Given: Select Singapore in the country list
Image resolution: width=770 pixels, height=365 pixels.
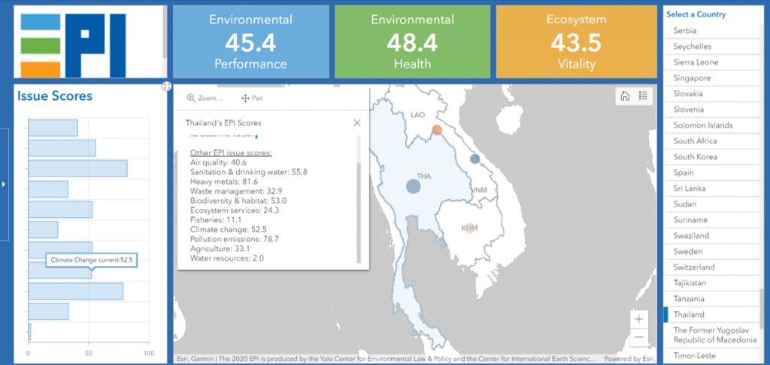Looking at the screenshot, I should [x=692, y=78].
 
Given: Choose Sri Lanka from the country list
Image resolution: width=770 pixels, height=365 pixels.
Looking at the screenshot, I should [x=690, y=189].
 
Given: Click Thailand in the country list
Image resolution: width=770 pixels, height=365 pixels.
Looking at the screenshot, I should [x=689, y=315].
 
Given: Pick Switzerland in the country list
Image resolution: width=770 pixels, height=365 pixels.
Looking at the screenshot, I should [x=693, y=267].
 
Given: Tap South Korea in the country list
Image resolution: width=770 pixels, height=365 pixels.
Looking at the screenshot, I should [x=695, y=157].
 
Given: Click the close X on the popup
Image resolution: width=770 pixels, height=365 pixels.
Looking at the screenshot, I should [x=357, y=122].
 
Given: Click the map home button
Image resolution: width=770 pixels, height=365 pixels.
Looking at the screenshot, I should [x=624, y=95].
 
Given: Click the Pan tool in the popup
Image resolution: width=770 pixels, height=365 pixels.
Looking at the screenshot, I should [x=252, y=98].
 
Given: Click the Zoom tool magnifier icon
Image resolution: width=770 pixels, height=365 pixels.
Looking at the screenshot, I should [x=191, y=98].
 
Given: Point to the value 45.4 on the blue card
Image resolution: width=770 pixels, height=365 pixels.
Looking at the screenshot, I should [x=250, y=43].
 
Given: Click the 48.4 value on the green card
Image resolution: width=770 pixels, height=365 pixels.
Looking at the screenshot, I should [x=412, y=43].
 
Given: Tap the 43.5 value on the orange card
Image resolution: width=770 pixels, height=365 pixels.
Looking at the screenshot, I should [x=575, y=43].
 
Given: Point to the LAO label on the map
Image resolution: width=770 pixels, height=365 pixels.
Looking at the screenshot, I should [x=418, y=115].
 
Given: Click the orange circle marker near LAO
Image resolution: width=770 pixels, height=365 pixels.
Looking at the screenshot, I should [x=437, y=130].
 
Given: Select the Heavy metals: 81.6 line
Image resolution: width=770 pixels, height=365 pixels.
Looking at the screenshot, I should [x=224, y=182].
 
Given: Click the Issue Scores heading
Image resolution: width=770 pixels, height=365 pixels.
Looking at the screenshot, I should [x=55, y=96].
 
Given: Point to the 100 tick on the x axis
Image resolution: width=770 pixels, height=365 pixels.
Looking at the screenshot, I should [x=148, y=354].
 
